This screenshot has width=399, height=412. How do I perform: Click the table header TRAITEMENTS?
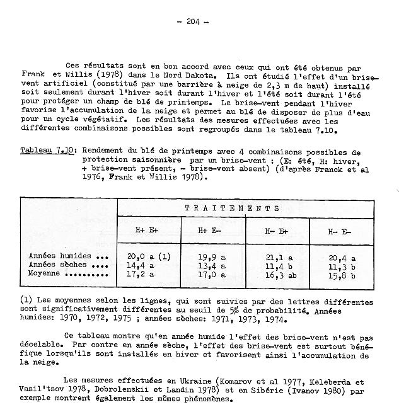pyautogui.click(x=232, y=208)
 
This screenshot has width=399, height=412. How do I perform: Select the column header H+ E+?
pyautogui.click(x=149, y=231)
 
